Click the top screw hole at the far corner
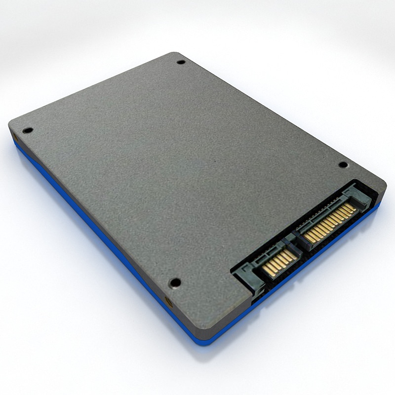(x=181, y=62)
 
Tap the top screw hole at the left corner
(x=28, y=130)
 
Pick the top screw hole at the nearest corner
(x=175, y=283)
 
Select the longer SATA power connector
(x=330, y=219)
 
